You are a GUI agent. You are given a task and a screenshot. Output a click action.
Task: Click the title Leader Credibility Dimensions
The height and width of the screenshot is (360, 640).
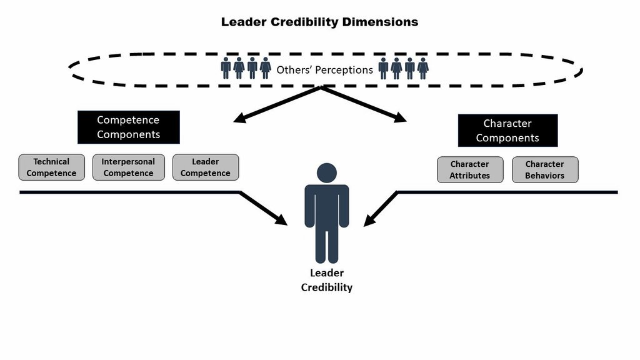(x=319, y=22)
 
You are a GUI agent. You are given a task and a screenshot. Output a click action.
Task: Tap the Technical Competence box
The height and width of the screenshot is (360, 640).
(x=51, y=167)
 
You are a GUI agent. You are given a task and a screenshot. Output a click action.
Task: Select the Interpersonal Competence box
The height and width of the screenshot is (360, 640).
(x=128, y=167)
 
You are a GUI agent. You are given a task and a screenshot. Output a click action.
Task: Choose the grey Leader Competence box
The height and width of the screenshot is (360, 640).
(x=205, y=167)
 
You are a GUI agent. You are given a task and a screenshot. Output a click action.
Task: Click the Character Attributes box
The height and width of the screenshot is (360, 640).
(x=470, y=170)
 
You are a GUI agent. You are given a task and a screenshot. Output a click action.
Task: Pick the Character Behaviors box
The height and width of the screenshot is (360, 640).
(x=544, y=170)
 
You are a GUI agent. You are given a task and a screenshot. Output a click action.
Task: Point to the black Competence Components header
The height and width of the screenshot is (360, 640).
(x=128, y=127)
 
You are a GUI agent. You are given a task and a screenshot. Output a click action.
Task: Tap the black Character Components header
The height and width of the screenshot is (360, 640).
(x=507, y=131)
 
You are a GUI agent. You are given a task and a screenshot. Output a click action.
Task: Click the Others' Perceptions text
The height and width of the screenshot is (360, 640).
(x=324, y=70)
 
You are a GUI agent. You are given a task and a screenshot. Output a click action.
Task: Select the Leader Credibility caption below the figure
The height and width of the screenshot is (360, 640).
(x=327, y=281)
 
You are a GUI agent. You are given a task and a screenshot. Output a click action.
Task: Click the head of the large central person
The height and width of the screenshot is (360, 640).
(x=327, y=172)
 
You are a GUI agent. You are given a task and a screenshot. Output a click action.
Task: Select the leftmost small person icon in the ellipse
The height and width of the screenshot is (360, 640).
(x=226, y=68)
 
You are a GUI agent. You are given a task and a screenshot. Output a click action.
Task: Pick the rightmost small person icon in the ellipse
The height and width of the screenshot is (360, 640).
(x=423, y=68)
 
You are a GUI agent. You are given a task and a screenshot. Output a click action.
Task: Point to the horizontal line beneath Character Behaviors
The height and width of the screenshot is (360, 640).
(x=544, y=192)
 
